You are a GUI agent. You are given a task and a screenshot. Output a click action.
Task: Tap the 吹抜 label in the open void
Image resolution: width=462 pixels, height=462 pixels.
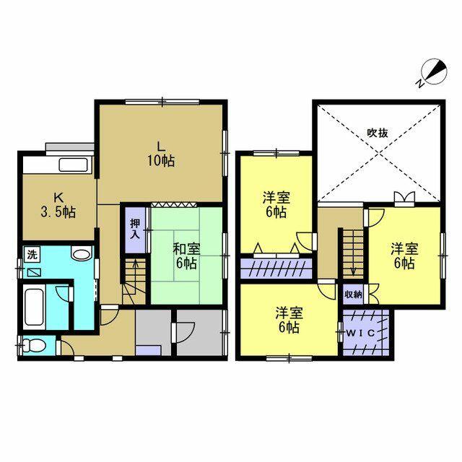click(378, 133)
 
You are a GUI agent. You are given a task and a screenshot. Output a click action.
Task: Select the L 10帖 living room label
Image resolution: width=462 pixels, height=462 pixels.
click(160, 154)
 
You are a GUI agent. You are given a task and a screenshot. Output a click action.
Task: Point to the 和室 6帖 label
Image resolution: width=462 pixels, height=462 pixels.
click(186, 256)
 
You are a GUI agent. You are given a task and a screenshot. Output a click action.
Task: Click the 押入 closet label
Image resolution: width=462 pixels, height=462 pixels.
click(135, 229)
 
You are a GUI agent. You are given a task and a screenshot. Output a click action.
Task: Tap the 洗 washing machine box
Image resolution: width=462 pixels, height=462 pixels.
click(32, 255)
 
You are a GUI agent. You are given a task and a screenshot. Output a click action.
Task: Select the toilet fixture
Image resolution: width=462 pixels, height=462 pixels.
click(34, 345)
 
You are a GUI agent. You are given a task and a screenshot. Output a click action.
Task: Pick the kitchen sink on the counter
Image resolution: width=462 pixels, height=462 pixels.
click(74, 165)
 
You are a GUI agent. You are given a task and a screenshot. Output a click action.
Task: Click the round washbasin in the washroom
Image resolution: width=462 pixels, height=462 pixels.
click(81, 254)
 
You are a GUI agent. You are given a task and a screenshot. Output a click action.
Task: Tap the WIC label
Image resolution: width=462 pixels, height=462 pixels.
click(361, 334)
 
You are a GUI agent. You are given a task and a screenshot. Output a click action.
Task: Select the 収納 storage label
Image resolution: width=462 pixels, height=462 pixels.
click(353, 294)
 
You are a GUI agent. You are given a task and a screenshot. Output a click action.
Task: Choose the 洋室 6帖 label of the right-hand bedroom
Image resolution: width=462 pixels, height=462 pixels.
click(404, 256)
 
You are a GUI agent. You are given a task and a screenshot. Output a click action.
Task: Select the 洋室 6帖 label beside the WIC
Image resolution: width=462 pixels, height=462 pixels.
click(289, 320)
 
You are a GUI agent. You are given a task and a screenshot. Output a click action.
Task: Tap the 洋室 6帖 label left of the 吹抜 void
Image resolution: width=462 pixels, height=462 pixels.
click(276, 204)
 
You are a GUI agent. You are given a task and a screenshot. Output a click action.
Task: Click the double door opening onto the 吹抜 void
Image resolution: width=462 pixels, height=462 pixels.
click(404, 197)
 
